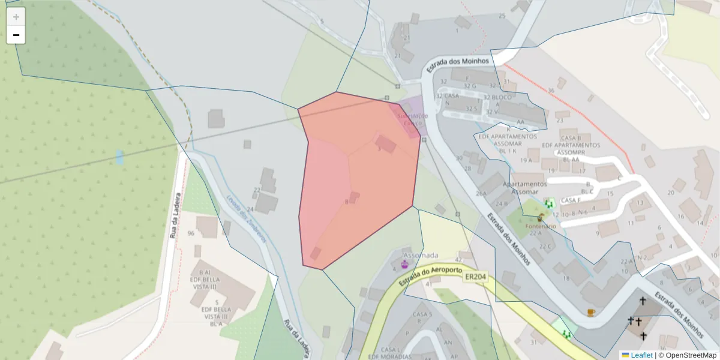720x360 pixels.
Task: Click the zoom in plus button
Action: point(16,17)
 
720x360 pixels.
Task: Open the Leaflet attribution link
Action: point(641,355)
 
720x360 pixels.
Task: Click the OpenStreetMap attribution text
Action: point(691,355)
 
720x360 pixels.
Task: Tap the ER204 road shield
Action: point(475,277)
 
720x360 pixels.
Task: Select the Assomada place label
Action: point(421,254)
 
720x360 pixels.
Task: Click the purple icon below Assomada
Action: point(404,264)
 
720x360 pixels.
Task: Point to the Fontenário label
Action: point(541,226)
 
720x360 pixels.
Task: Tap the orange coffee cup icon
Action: point(591,313)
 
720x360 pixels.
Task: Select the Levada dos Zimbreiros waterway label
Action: point(245,218)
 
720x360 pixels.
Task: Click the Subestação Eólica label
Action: point(412,119)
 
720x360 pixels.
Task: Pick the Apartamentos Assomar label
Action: point(524,188)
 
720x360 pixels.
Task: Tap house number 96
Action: point(191,233)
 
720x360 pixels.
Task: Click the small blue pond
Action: point(119,157)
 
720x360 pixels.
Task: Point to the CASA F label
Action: point(570,200)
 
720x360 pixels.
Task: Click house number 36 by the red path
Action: point(551,91)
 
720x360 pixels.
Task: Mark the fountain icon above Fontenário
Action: point(540,218)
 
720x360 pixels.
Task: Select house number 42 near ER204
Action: point(459,260)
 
